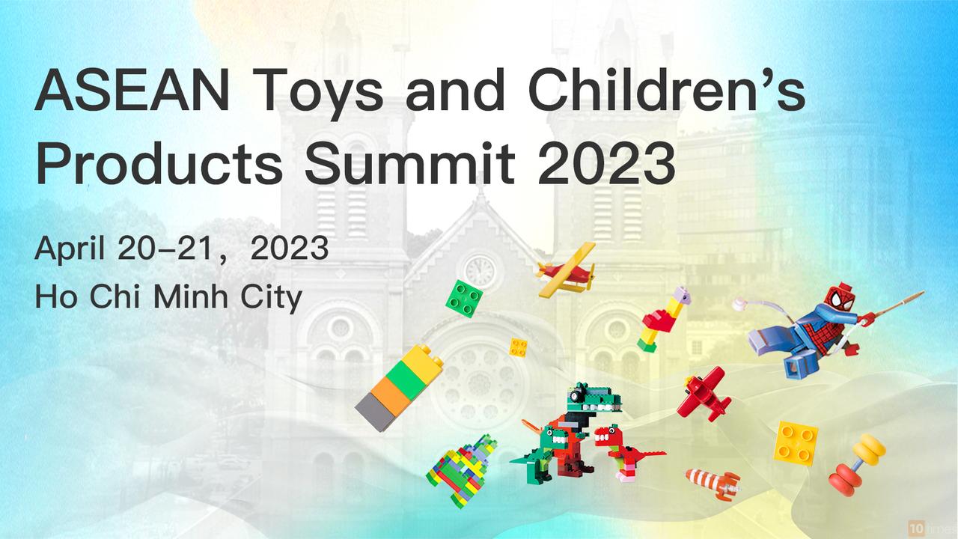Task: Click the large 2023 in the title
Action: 606,163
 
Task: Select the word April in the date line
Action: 70,249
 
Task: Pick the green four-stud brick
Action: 464,299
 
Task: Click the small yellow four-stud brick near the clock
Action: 519,347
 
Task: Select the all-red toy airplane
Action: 704,395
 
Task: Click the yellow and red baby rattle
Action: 857,465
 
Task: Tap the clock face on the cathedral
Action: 480,271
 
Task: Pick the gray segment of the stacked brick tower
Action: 376,412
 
